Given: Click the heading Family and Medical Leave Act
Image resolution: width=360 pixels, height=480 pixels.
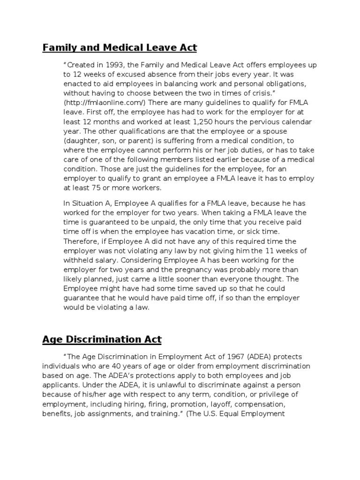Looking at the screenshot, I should (x=120, y=47).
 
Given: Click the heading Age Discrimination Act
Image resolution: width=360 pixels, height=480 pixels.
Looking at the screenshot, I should (x=102, y=339).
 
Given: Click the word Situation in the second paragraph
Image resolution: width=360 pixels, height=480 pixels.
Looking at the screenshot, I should (x=87, y=203).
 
